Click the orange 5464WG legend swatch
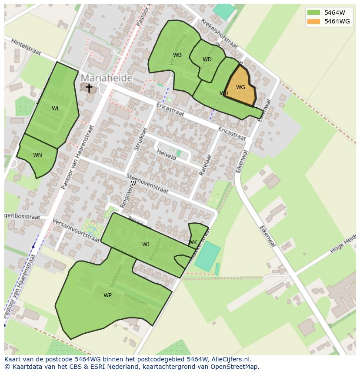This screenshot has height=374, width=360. (x=313, y=21)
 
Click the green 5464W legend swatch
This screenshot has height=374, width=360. (x=313, y=13)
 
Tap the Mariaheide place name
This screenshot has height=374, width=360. (x=107, y=78)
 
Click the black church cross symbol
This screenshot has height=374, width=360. (x=89, y=88)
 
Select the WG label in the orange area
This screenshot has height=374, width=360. (x=240, y=87)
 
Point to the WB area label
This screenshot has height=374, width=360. (x=177, y=55)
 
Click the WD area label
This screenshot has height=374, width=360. (x=207, y=60)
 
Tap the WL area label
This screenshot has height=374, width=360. (x=56, y=109)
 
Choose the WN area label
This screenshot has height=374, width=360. (x=37, y=155)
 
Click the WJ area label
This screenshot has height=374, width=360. (x=146, y=245)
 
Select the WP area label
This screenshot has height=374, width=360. (x=107, y=295)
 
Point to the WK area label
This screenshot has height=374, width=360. (x=193, y=242)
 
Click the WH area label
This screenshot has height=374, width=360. (x=224, y=93)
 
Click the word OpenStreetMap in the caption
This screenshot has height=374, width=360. (x=235, y=367)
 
